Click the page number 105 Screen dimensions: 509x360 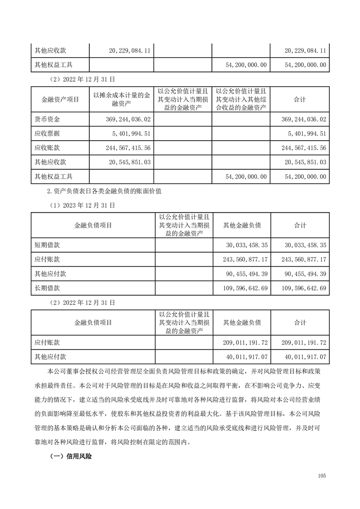(322, 476)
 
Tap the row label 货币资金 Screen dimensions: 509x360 (47, 119)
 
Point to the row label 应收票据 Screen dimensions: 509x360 (47, 133)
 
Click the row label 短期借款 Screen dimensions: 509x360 (47, 245)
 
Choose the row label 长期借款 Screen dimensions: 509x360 (47, 287)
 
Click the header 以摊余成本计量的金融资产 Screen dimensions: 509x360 (122, 99)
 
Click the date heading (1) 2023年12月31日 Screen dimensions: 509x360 (82, 205)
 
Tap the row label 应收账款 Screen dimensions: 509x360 (47, 147)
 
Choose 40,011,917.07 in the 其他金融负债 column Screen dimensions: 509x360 (246, 357)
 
